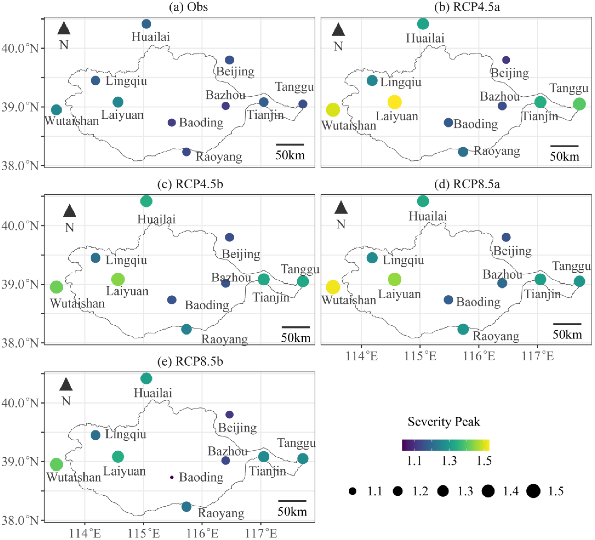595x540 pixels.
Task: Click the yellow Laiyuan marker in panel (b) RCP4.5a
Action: [394, 102]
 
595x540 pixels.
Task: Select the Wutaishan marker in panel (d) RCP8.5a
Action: [333, 287]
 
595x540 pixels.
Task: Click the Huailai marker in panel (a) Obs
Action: [146, 24]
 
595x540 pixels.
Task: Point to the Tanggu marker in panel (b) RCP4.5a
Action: [579, 104]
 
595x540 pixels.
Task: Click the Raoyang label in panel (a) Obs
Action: [219, 157]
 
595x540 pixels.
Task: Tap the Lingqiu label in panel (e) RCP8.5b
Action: [126, 434]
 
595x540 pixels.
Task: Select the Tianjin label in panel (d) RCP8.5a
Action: [542, 294]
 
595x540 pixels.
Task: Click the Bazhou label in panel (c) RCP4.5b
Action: [231, 278]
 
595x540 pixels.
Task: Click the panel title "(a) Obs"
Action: [188, 7]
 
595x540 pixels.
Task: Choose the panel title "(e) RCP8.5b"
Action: [190, 361]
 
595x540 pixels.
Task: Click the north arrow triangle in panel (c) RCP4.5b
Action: [70, 211]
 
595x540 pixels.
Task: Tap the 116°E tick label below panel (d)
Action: [478, 356]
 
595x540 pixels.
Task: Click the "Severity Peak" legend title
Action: [444, 422]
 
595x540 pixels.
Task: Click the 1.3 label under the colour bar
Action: [449, 461]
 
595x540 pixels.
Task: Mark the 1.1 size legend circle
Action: [352, 491]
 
